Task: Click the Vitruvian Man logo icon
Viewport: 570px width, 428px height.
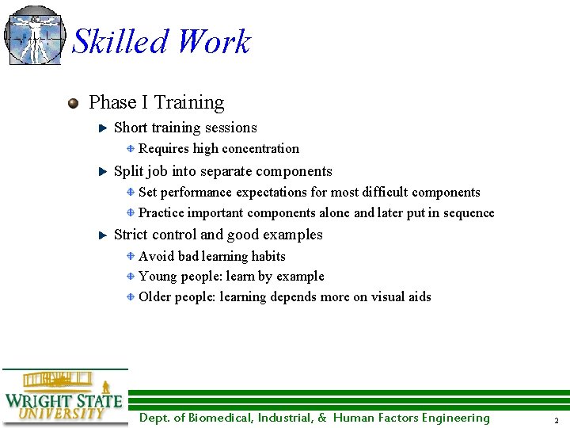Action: (34, 35)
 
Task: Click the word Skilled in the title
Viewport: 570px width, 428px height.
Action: (120, 42)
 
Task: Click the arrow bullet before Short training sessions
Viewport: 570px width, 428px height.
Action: (102, 128)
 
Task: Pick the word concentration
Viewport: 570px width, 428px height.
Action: (260, 148)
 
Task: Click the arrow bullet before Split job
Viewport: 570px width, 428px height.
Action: (102, 171)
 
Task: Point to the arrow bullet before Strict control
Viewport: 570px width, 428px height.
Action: (102, 235)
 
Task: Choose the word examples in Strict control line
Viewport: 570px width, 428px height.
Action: (297, 235)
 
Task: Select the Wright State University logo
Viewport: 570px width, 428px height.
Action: (63, 396)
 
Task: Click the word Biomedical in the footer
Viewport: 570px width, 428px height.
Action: (219, 418)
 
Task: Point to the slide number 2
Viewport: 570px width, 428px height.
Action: (556, 420)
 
